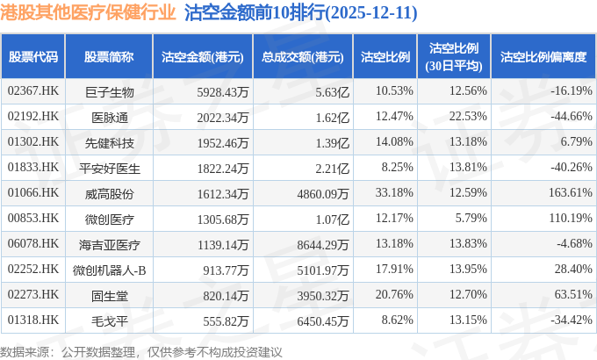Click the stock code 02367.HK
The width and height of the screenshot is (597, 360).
[32, 91]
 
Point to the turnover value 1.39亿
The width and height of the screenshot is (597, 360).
[333, 141]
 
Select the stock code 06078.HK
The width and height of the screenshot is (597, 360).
[32, 241]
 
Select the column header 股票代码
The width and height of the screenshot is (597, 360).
[32, 57]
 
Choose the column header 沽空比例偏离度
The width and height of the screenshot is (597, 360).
[543, 57]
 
